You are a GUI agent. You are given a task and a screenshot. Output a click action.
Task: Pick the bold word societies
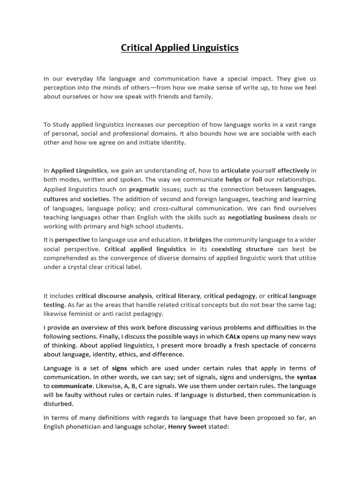(96, 199)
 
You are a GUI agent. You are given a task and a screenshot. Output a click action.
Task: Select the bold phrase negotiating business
(259, 217)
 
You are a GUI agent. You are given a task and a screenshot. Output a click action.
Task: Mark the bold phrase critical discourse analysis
(114, 296)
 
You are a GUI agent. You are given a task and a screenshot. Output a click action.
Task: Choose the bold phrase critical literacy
(178, 296)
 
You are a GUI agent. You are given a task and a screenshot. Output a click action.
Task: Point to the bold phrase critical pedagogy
(230, 296)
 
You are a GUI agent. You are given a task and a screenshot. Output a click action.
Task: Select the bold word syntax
(307, 377)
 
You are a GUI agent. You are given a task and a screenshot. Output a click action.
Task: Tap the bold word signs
(120, 368)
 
